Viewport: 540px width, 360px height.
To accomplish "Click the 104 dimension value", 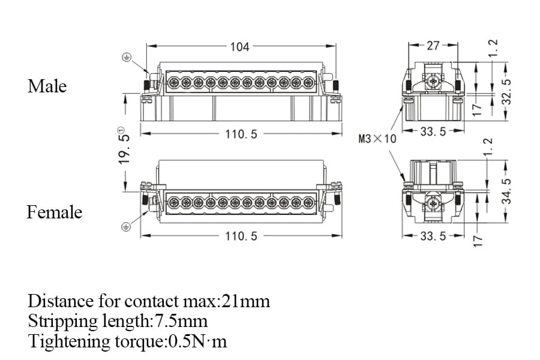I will [x=239, y=47].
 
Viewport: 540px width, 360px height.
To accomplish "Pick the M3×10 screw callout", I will [x=377, y=139].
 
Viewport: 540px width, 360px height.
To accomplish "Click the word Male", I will [x=47, y=86].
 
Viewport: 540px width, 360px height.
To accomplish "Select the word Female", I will [x=54, y=212].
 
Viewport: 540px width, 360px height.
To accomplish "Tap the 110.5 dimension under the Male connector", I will [x=241, y=134].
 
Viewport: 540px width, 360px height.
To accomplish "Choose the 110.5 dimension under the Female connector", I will [x=241, y=236].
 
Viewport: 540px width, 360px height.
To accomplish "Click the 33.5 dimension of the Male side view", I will [x=433, y=132].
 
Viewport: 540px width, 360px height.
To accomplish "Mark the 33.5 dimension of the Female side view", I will [x=433, y=236].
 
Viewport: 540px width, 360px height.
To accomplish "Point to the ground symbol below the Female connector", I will [x=127, y=227].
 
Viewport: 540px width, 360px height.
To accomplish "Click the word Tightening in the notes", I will [x=64, y=342].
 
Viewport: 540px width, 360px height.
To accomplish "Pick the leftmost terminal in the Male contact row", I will [x=173, y=83].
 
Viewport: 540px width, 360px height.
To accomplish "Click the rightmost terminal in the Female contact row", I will [x=308, y=202].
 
